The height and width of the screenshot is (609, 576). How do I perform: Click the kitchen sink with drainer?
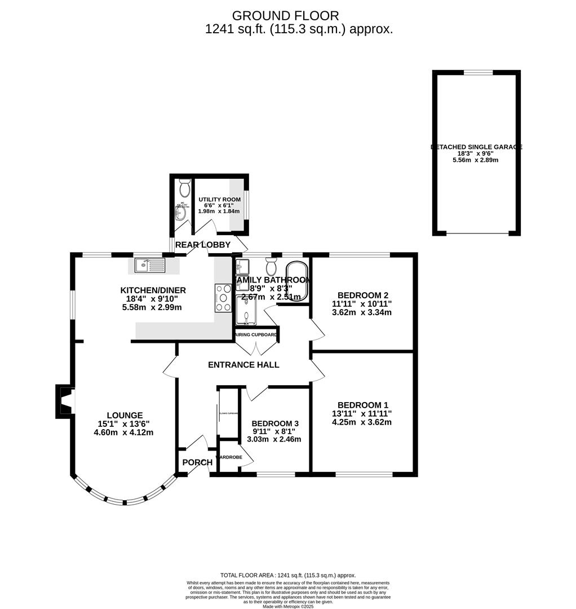pos(149,265)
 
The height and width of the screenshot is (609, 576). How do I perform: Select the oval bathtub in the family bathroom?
pos(297,281)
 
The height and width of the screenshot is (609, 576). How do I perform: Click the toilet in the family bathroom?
pos(271,264)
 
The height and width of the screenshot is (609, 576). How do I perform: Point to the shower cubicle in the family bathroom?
pos(246,311)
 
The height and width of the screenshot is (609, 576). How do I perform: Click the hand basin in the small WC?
pos(181,214)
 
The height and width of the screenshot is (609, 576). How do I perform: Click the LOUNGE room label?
pos(125,415)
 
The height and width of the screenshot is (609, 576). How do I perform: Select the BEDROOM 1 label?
pos(362,405)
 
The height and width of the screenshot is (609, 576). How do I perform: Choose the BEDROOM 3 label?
pos(275,423)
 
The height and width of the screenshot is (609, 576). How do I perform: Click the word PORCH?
pos(197,462)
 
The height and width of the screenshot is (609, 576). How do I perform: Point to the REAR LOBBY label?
pos(203,245)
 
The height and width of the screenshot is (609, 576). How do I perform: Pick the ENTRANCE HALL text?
pos(243,365)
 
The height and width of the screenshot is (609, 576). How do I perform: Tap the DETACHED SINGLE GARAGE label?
pos(476,147)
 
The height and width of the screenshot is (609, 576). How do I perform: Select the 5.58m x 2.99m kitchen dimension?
pos(153,307)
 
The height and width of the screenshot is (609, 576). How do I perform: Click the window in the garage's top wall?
pos(477,72)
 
